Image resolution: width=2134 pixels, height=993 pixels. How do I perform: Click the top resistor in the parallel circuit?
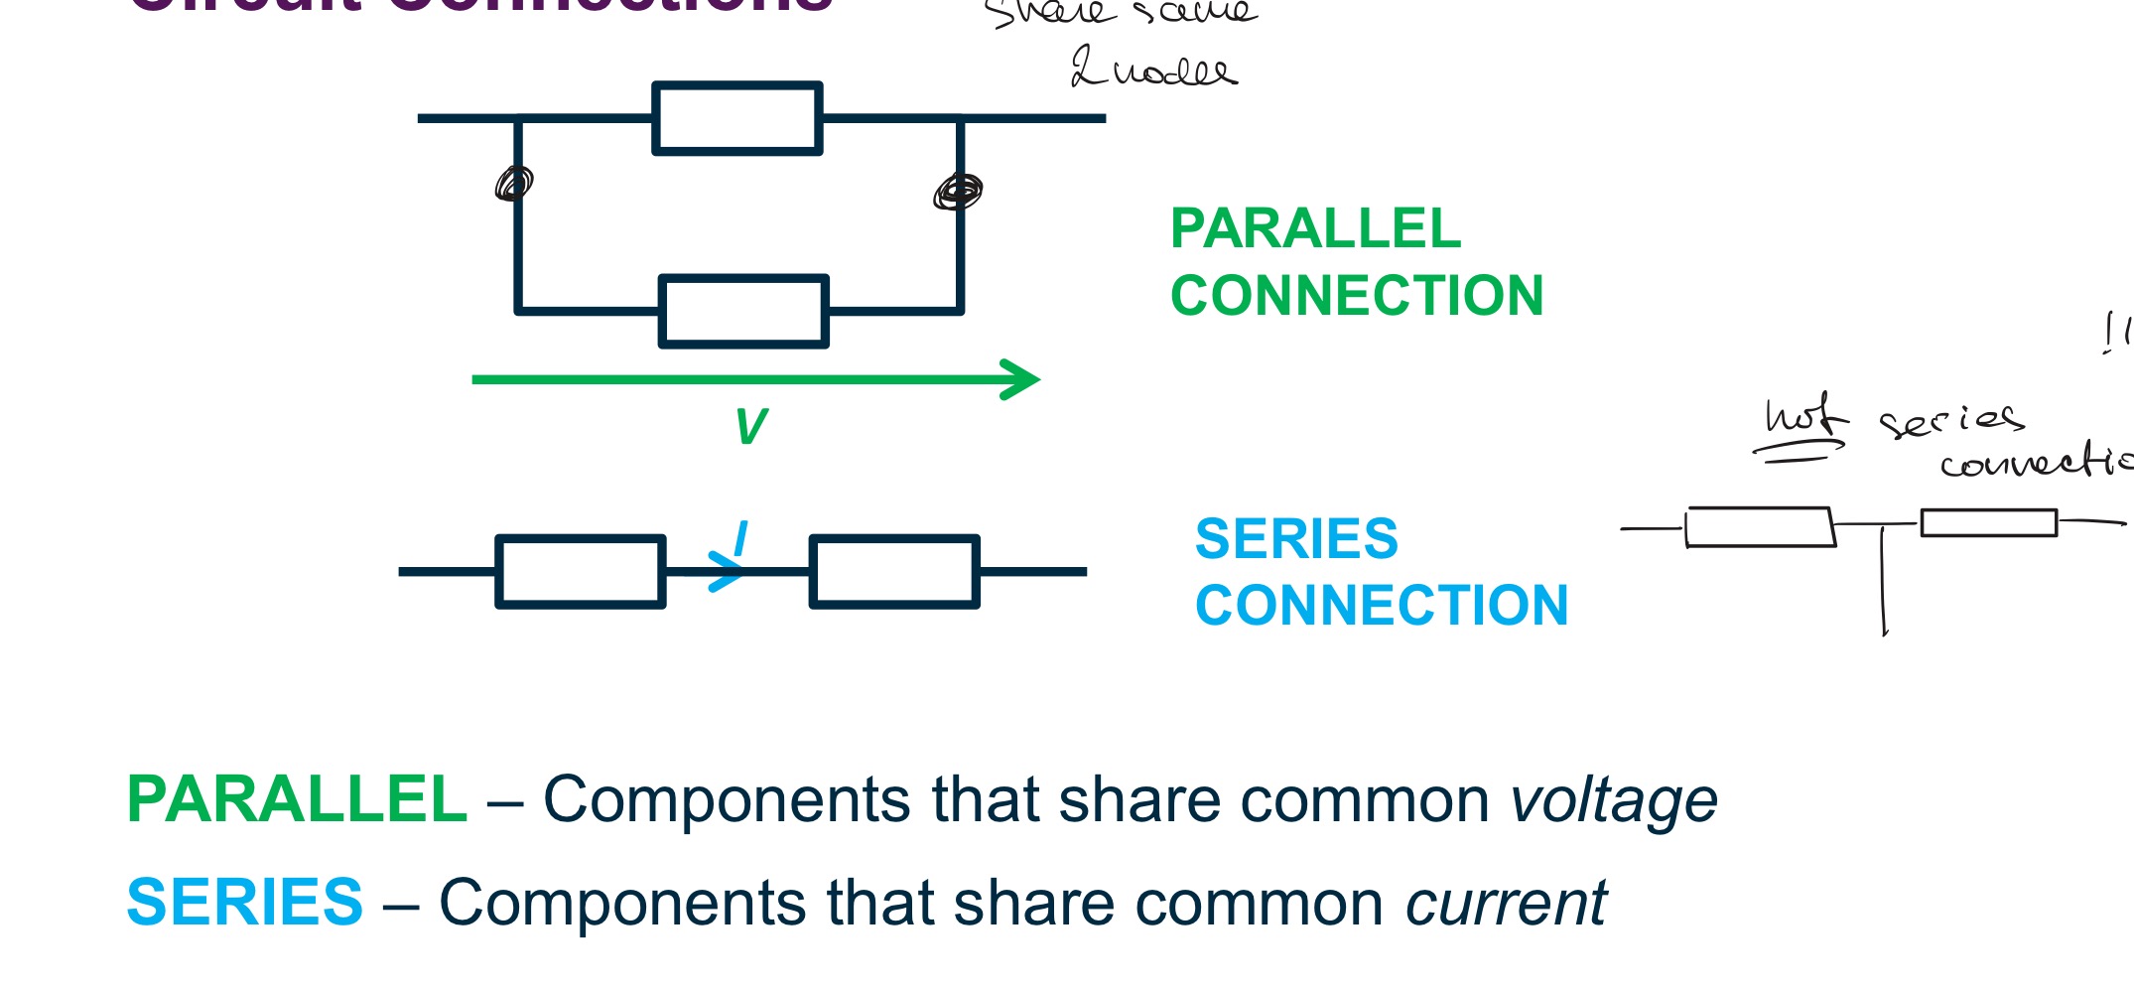pos(736,118)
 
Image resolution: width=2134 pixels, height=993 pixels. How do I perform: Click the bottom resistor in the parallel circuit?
pos(743,312)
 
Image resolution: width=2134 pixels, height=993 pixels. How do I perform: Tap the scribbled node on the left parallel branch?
pos(514,184)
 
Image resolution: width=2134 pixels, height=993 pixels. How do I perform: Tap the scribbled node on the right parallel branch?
pos(958,191)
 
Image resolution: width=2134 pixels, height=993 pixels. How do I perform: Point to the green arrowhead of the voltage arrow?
pos(1022,379)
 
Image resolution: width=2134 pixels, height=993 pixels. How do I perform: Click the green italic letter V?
pos(751,427)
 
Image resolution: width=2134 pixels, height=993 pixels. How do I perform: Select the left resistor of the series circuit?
pos(581,571)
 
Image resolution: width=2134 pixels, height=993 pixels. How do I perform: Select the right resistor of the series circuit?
pos(894,571)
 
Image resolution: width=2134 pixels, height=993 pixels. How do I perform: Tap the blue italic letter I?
pos(740,539)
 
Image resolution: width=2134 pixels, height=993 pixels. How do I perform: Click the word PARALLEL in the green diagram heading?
pos(1315,229)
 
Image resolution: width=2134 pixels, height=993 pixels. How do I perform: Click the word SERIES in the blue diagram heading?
pos(1296,539)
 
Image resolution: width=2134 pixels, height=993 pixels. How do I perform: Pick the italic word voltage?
pos(1614,800)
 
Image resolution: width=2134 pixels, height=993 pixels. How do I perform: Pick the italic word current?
pos(1506,904)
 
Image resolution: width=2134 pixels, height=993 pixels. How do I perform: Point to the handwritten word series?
pos(1950,420)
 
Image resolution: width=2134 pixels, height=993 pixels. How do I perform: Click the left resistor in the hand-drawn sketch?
pos(1760,527)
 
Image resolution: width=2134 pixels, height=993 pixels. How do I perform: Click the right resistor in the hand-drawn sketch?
pos(1988,522)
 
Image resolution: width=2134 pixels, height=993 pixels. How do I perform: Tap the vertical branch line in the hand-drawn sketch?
pos(1883,581)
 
